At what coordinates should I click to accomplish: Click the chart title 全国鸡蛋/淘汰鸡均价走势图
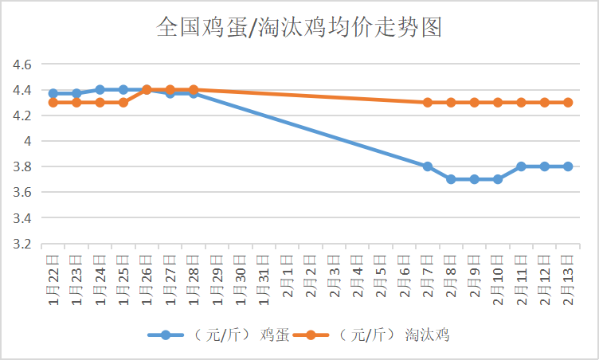click(299, 28)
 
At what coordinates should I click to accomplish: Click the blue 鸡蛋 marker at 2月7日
click(428, 166)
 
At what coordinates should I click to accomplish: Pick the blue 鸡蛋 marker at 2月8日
click(451, 179)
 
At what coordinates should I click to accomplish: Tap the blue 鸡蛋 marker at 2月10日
click(498, 179)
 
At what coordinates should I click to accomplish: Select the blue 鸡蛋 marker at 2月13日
click(568, 166)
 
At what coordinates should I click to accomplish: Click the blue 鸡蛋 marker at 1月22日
click(53, 93)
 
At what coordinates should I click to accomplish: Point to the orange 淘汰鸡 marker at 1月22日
click(53, 103)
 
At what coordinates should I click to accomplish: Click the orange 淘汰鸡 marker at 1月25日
click(123, 103)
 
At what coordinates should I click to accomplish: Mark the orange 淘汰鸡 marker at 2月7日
click(428, 103)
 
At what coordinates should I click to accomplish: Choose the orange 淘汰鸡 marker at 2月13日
click(568, 103)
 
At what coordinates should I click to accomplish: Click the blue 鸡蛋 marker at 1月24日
click(100, 90)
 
